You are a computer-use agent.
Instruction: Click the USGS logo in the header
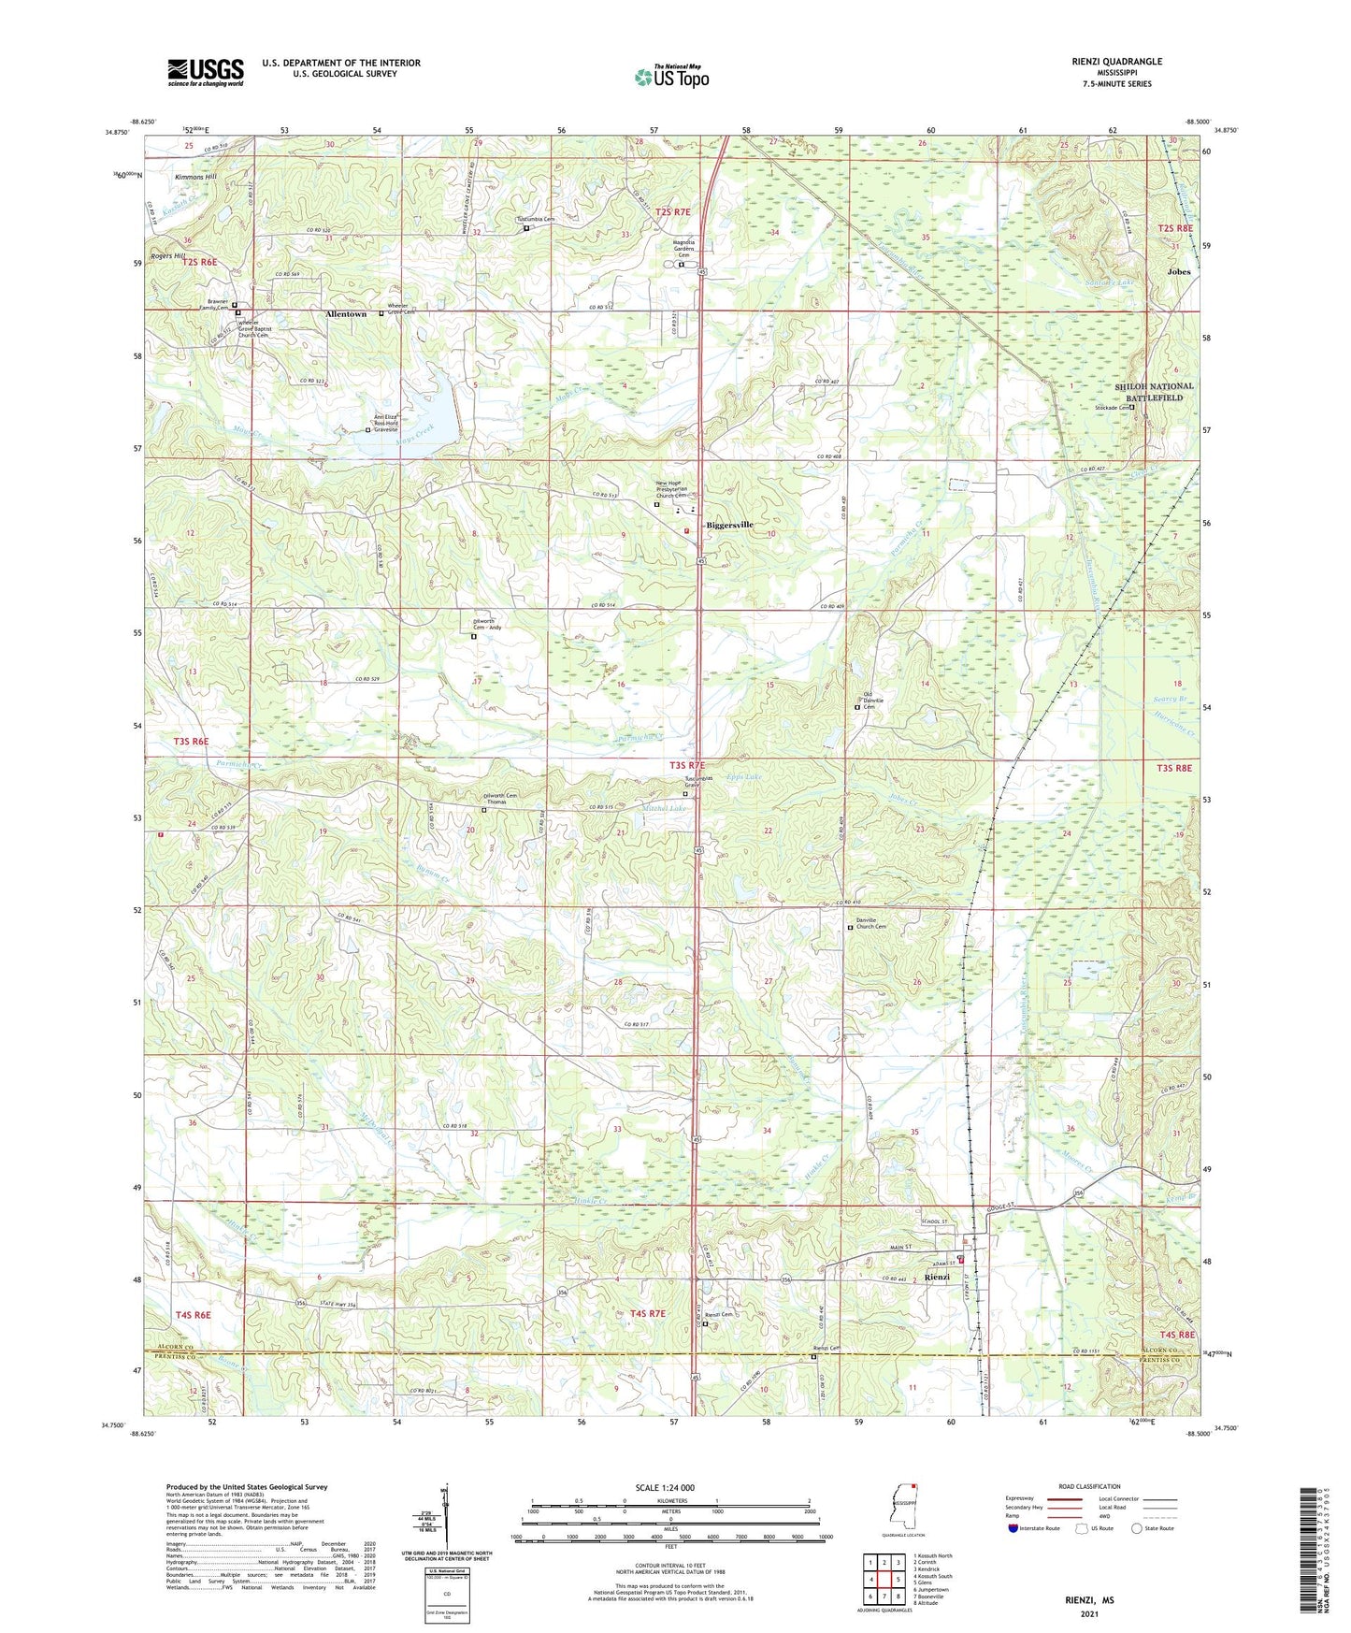point(206,72)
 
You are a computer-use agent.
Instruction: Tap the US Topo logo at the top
point(671,77)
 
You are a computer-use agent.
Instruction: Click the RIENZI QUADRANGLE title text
point(1116,62)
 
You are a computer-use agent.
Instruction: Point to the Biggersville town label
point(729,525)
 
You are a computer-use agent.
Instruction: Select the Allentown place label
point(346,314)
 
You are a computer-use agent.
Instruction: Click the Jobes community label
point(1178,272)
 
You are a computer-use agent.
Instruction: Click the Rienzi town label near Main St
point(937,1277)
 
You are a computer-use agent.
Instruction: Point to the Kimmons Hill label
point(195,177)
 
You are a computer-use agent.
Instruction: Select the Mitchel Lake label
point(664,808)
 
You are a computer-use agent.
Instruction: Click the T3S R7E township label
point(693,765)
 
